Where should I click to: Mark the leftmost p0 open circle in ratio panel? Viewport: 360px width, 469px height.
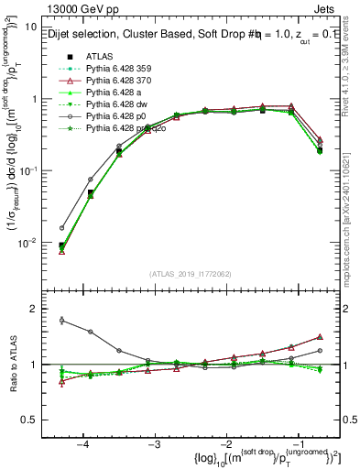(x=61, y=321)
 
